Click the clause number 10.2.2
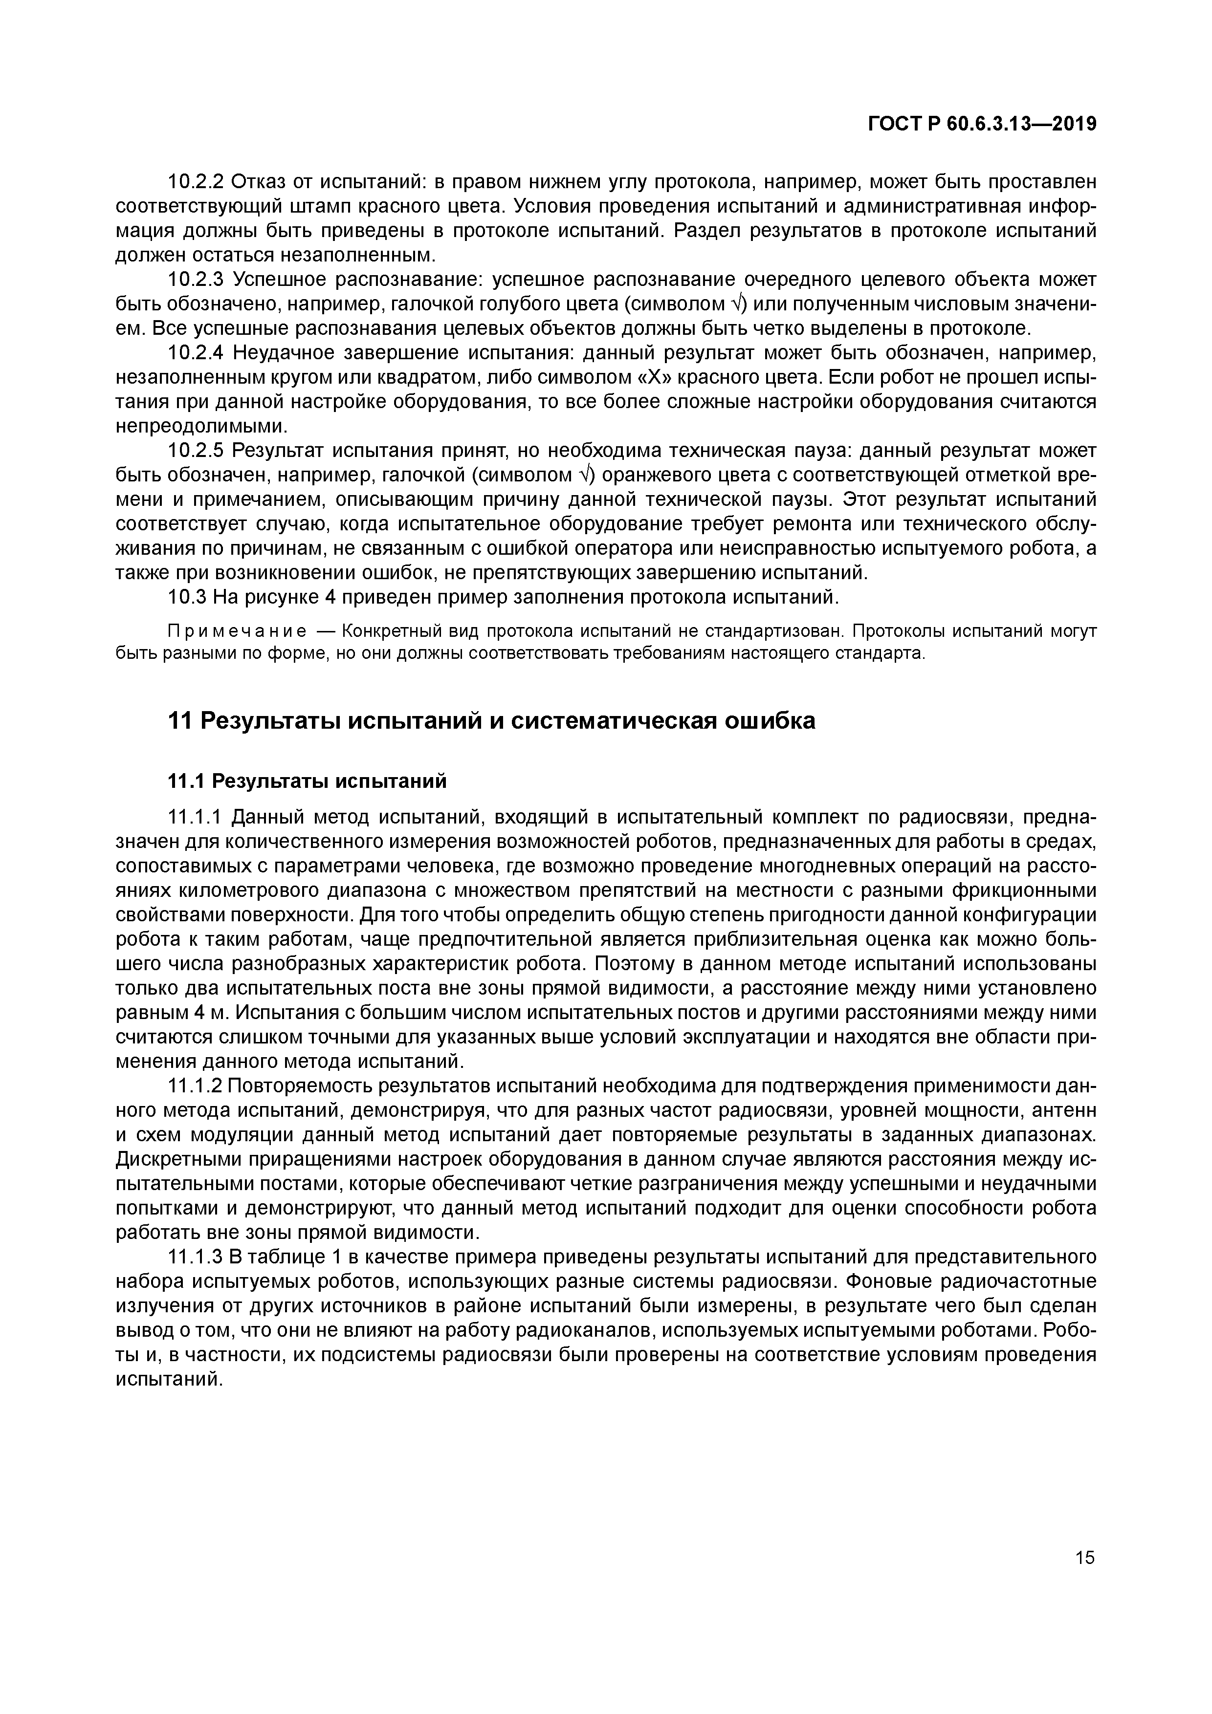pos(196,181)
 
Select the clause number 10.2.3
pos(196,279)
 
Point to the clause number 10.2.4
pos(196,352)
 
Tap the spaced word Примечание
pos(237,631)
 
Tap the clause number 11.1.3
pos(195,1257)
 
